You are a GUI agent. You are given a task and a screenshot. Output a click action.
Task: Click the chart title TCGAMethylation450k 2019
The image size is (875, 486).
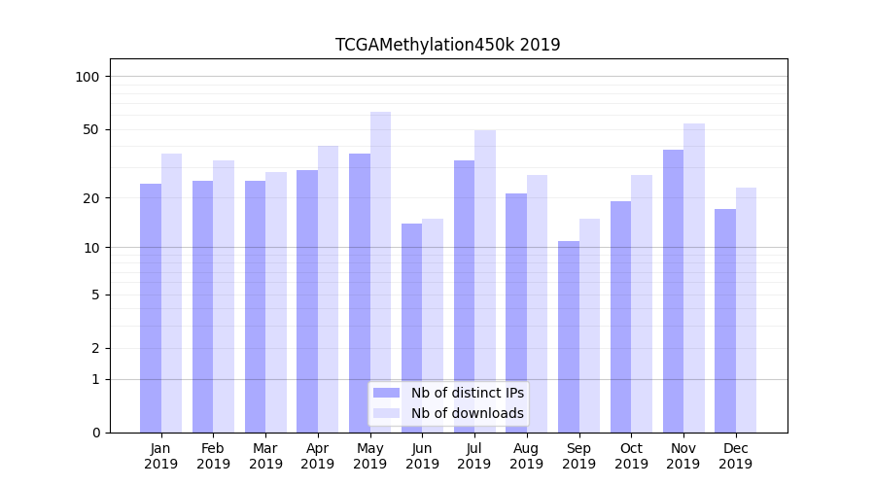(447, 45)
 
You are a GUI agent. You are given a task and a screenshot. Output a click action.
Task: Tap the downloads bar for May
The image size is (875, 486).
(380, 272)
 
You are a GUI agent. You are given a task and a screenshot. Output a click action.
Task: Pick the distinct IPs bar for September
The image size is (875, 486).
(569, 336)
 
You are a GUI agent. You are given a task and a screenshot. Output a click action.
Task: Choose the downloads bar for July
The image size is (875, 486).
(485, 281)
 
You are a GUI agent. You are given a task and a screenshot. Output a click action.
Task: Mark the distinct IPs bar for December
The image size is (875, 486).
(725, 320)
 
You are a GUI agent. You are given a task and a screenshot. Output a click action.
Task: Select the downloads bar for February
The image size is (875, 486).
(224, 296)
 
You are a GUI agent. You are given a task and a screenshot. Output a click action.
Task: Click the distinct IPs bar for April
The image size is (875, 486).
(307, 301)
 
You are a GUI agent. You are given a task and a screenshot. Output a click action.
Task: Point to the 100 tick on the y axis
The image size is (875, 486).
(93, 77)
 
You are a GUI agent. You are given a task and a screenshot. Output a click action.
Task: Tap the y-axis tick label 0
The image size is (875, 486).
(96, 433)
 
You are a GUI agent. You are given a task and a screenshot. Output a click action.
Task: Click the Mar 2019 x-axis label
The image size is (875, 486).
(265, 456)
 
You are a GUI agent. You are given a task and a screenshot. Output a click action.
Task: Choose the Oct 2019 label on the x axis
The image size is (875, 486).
(631, 456)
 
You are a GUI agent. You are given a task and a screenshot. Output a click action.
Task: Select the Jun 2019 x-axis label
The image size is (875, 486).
(422, 456)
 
